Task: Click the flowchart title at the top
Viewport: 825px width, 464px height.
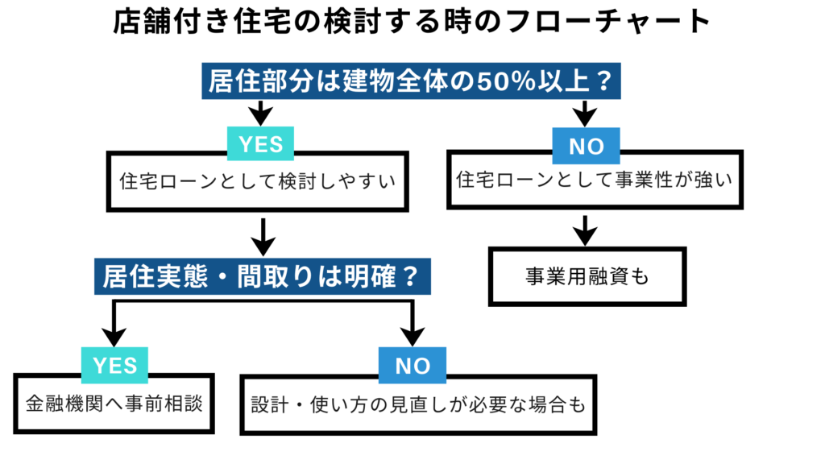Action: click(412, 23)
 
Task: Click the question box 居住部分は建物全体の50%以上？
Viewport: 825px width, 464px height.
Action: click(412, 82)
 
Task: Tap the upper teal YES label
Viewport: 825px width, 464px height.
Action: click(260, 144)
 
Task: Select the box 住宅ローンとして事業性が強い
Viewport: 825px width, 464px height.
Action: click(594, 180)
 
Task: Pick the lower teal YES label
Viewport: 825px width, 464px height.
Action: click(115, 366)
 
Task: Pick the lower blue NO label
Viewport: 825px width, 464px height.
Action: click(412, 366)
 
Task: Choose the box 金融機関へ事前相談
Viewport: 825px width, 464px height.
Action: click(114, 403)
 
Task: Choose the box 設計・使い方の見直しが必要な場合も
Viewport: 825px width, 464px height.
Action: click(418, 404)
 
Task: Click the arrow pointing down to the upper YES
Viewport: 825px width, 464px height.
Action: click(260, 113)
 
